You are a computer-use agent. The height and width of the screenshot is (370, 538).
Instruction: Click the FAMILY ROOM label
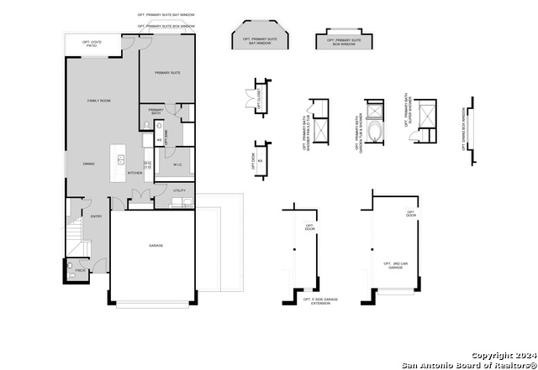tap(100, 101)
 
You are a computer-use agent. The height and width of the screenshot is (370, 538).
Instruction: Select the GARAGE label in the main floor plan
tap(156, 246)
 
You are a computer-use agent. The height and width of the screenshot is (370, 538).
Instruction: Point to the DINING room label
tap(88, 164)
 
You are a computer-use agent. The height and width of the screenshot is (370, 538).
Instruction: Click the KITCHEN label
tap(134, 174)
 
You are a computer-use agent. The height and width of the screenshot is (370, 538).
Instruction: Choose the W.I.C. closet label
tap(178, 164)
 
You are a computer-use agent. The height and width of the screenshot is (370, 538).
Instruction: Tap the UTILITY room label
tap(179, 191)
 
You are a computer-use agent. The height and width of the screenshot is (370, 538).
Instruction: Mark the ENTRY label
tap(97, 216)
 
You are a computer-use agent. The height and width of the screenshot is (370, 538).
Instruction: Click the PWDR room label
tap(81, 270)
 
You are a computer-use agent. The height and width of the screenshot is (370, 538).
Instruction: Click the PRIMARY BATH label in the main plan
tap(156, 112)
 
